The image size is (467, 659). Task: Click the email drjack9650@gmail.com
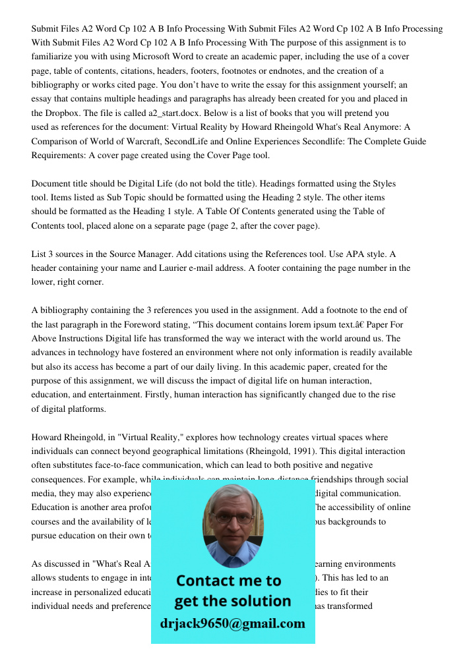click(x=233, y=623)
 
